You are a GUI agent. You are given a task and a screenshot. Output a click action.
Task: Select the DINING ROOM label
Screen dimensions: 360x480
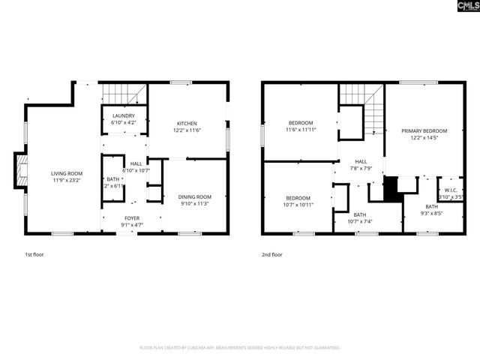pyautogui.click(x=193, y=196)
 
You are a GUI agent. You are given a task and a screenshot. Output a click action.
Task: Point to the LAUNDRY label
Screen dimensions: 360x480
pyautogui.click(x=123, y=115)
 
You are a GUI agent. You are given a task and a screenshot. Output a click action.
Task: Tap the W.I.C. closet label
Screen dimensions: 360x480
pyautogui.click(x=450, y=190)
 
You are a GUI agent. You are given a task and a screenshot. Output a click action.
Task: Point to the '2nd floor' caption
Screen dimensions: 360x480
pyautogui.click(x=273, y=255)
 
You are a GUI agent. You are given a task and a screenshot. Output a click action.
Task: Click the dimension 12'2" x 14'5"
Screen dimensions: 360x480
pyautogui.click(x=424, y=138)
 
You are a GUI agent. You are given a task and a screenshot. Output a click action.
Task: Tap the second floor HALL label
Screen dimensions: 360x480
pyautogui.click(x=361, y=161)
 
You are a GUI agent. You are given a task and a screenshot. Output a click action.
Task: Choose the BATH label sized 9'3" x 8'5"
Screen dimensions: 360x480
pyautogui.click(x=432, y=206)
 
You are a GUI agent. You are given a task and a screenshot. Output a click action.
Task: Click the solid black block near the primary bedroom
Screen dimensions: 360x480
pyautogui.click(x=391, y=188)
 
